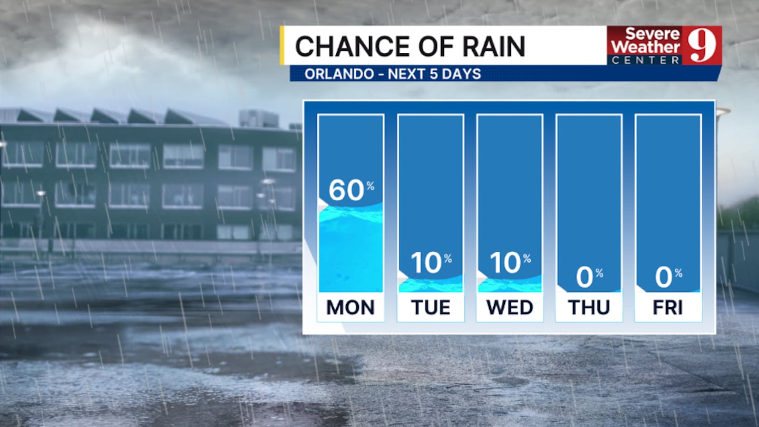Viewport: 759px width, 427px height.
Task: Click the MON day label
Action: point(351,307)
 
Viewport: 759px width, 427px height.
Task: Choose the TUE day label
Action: point(431,307)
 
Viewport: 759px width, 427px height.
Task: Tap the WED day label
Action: point(510,307)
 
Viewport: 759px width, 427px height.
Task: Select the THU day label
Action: point(589,307)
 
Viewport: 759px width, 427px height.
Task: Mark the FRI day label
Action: point(668,307)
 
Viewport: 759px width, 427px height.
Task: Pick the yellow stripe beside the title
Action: point(283,45)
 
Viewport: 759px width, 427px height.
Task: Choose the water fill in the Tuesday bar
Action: point(431,286)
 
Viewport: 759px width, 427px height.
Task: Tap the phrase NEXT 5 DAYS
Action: point(434,74)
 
